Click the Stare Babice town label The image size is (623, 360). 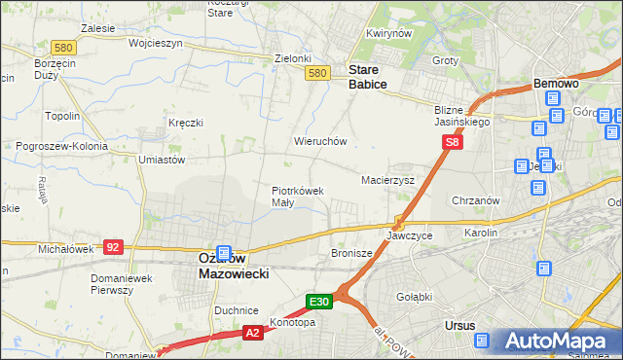[368, 77]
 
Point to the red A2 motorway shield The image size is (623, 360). [252, 333]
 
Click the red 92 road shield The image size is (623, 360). [113, 247]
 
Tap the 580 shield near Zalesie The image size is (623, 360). [64, 47]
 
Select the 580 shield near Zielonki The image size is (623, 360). [315, 73]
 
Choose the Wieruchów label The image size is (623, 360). [320, 141]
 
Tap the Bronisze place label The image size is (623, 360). [351, 253]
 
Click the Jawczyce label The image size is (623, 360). [409, 236]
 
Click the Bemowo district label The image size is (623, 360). [556, 85]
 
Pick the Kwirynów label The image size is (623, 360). [385, 34]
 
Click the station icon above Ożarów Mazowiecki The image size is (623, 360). [224, 252]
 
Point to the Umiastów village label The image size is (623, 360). [162, 159]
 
